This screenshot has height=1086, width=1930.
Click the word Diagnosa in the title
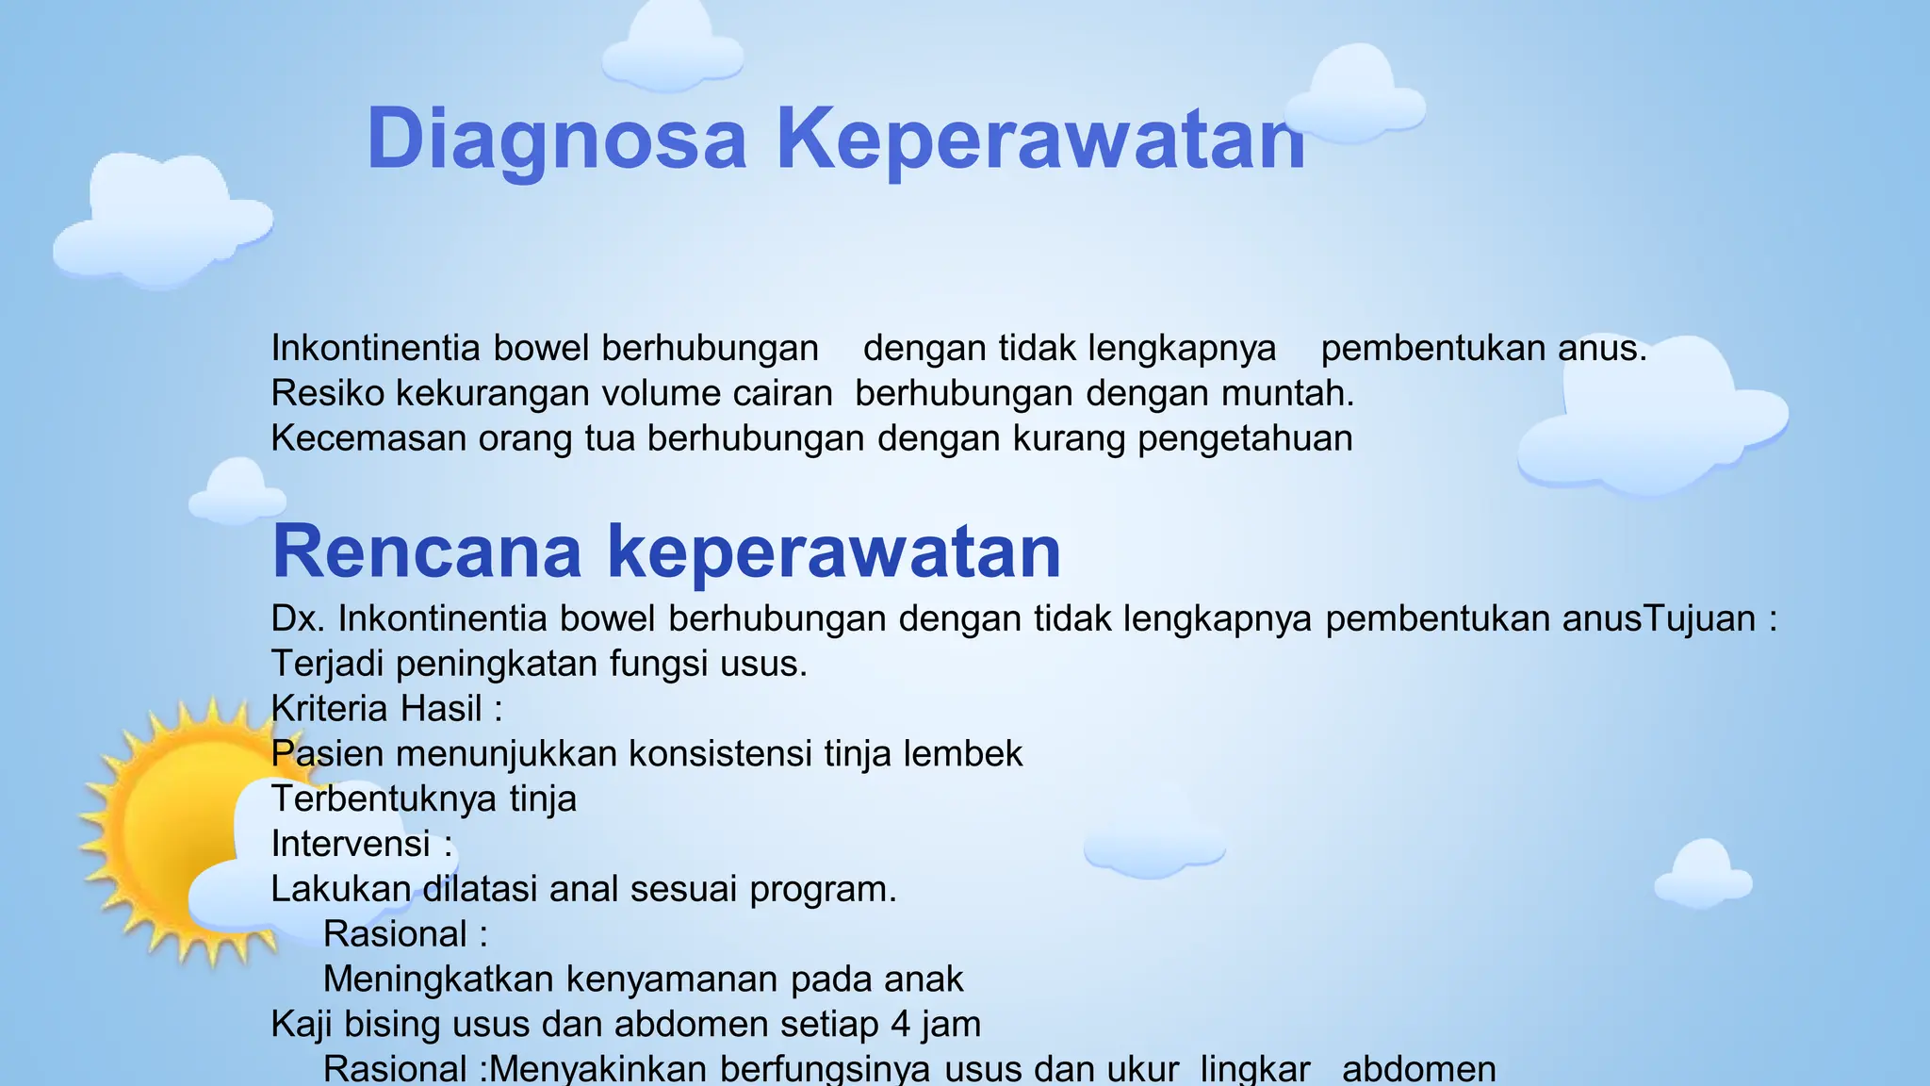(556, 140)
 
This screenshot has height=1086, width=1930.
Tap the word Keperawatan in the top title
(1040, 140)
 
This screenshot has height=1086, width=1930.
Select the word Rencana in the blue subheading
(427, 551)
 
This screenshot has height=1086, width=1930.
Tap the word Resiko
(327, 393)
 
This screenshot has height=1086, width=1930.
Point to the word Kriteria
(329, 709)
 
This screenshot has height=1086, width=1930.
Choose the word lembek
(963, 754)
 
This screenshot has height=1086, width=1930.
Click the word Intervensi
(351, 844)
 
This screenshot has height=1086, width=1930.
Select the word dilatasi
(480, 889)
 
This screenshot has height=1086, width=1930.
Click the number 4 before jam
(900, 1024)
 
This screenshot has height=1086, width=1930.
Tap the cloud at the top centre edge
(672, 47)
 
